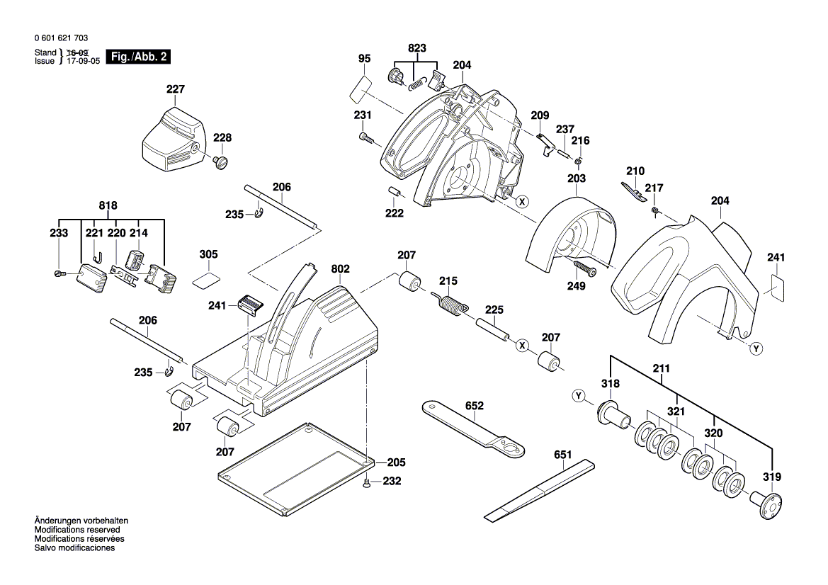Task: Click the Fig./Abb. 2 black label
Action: pyautogui.click(x=137, y=57)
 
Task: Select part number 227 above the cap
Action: pyautogui.click(x=175, y=89)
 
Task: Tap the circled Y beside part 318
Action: pyautogui.click(x=580, y=396)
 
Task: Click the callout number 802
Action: pyautogui.click(x=341, y=269)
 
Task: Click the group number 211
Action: pyautogui.click(x=662, y=369)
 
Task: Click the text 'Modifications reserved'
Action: pyautogui.click(x=77, y=530)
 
